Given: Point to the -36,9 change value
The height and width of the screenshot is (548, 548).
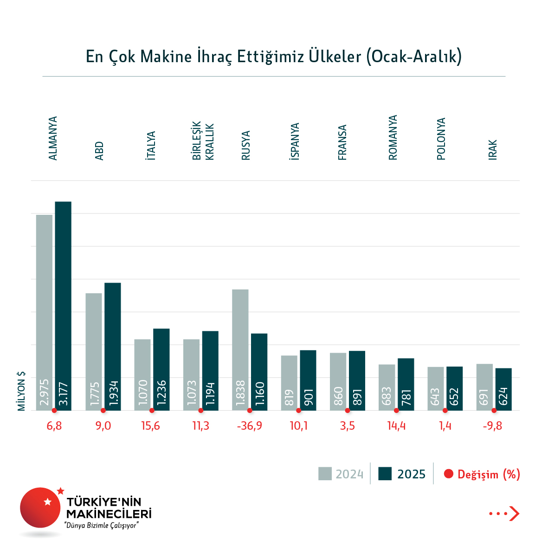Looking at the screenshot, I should [250, 426].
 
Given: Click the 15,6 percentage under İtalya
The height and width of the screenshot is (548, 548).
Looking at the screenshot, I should [151, 426].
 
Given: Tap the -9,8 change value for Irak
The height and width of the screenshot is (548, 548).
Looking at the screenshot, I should [492, 426].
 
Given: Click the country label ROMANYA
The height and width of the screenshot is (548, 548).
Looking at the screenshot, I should [393, 138].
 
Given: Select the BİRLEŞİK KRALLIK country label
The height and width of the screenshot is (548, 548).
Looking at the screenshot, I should [203, 141].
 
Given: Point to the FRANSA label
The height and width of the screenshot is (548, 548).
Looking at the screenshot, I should [342, 142].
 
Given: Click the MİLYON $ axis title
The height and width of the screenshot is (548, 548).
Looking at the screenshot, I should [21, 391].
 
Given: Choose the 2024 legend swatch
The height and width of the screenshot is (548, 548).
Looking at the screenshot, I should [325, 474].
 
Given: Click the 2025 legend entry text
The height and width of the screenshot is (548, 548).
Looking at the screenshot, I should [411, 474].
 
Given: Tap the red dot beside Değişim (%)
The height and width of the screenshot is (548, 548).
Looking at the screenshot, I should [448, 474].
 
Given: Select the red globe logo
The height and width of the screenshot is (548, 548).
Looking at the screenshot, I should [40, 507].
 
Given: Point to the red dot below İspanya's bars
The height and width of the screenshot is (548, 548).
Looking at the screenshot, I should [298, 411].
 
